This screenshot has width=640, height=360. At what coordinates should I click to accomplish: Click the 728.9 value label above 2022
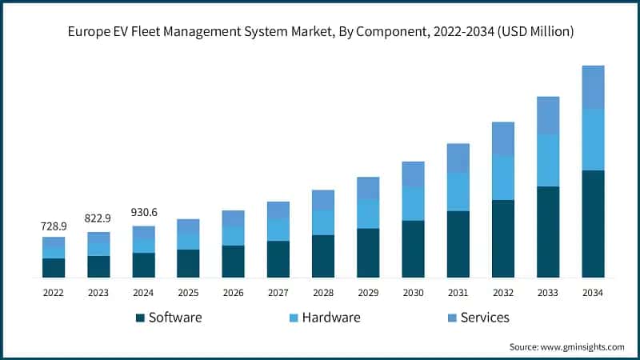[54, 227]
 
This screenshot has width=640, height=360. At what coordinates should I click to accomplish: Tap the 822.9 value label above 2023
[98, 218]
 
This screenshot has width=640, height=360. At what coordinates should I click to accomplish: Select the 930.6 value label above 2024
[144, 212]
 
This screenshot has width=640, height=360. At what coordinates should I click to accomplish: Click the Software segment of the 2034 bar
[593, 223]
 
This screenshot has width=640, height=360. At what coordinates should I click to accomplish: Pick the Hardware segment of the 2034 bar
[593, 139]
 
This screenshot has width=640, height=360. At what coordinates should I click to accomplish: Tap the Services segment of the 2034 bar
[593, 87]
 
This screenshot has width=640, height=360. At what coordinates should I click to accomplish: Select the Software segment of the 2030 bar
[413, 249]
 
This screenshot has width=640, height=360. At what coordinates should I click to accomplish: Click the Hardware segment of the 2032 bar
[502, 178]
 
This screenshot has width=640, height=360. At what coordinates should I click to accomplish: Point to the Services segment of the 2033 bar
[548, 115]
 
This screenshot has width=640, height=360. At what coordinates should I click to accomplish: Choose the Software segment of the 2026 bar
[233, 261]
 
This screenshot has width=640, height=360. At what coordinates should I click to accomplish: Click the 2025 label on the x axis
[188, 293]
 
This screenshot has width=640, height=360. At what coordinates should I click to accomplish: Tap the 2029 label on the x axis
[368, 293]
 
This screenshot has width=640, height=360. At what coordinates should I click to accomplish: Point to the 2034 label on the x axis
[593, 293]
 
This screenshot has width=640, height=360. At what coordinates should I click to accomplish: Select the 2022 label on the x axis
[54, 293]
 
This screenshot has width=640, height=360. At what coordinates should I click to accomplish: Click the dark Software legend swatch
[141, 318]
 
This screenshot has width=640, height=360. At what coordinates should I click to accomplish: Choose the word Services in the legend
[485, 318]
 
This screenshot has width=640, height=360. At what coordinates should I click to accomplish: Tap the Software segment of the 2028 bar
[323, 256]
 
